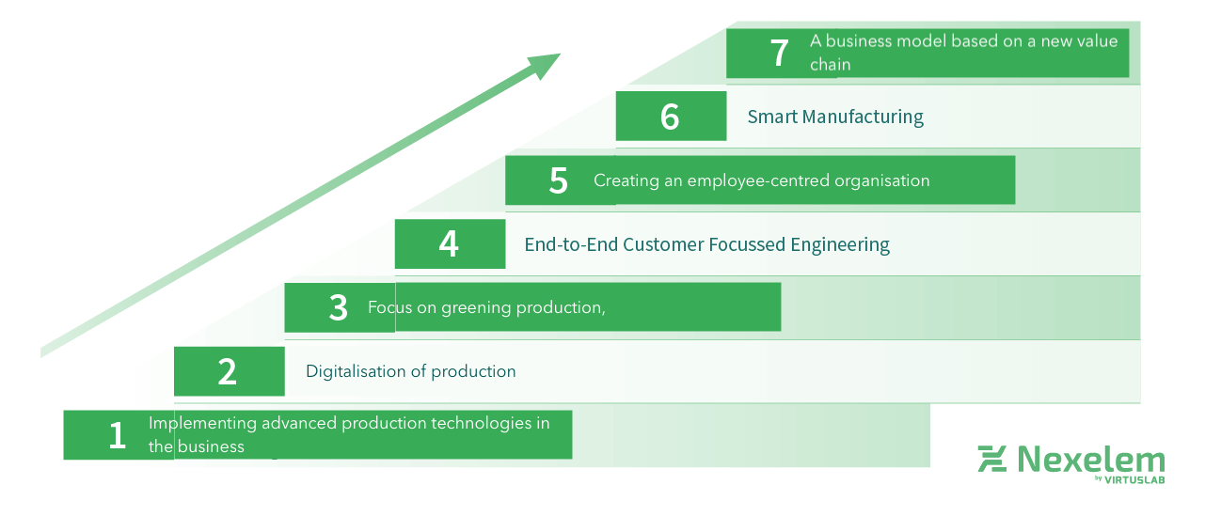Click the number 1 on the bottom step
click(117, 435)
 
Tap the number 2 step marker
click(228, 371)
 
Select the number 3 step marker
click(339, 307)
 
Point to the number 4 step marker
click(449, 244)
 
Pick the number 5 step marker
click(559, 180)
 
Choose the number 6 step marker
click(670, 117)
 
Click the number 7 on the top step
click(780, 53)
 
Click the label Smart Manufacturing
click(835, 117)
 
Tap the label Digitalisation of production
click(410, 371)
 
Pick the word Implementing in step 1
click(202, 424)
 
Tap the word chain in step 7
click(830, 65)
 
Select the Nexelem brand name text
click(1090, 460)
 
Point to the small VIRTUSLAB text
click(1135, 479)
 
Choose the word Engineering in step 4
click(840, 244)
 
